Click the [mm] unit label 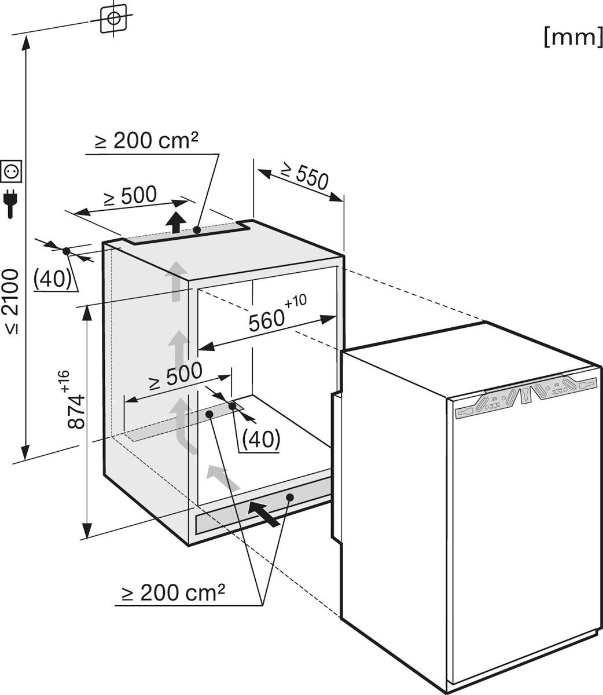573,38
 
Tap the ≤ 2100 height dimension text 13,302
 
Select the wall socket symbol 12,171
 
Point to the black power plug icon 10,203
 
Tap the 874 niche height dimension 76,411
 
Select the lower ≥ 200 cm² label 174,592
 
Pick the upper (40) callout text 53,279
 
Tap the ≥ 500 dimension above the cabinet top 130,196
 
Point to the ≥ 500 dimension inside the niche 175,376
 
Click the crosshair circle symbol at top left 113,19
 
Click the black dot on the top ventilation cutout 197,230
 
